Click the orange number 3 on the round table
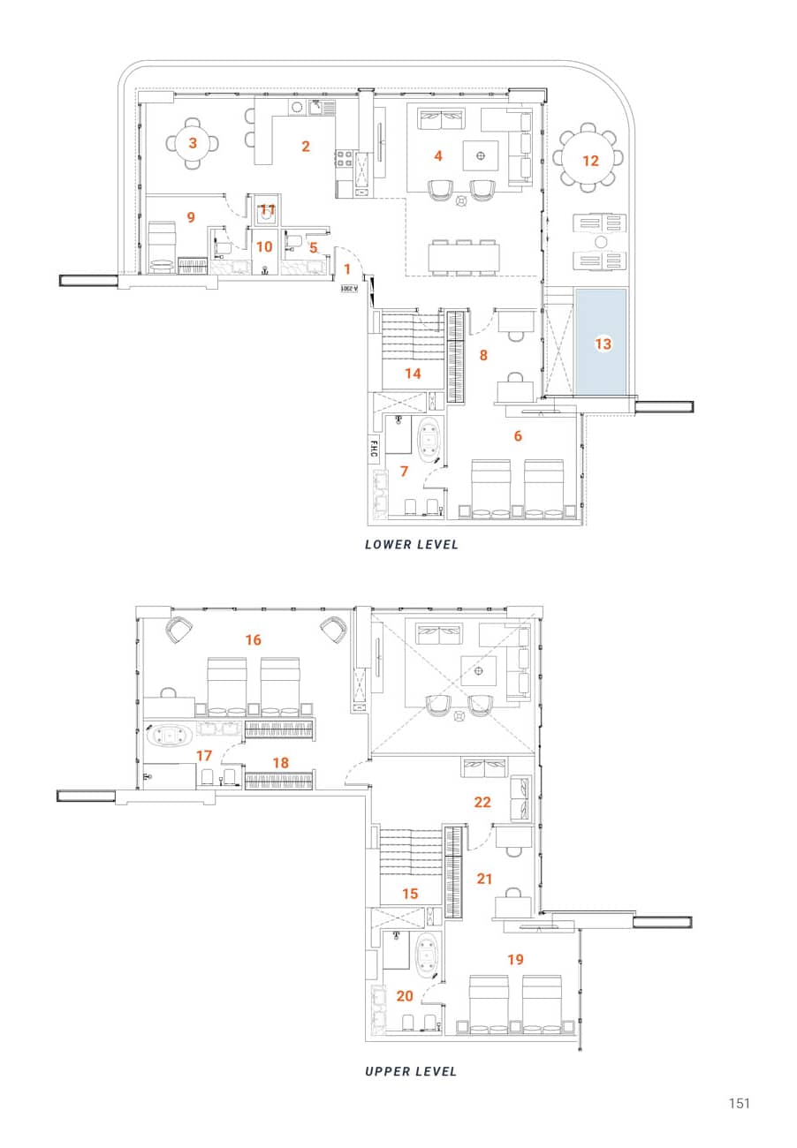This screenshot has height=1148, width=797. pos(193,142)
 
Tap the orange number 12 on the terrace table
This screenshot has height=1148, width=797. pos(590,160)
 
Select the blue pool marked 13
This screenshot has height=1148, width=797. pos(602,343)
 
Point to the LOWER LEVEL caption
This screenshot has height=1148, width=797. pos(412,545)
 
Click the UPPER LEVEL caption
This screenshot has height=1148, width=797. pos(411,1071)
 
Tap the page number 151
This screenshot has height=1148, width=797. pos(739,1103)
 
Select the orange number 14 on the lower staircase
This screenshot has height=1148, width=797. pos(413,374)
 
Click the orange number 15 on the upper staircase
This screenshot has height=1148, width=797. pos(410,894)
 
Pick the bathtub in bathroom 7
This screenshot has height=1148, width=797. pos(430,441)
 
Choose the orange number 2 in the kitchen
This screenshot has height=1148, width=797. pos(306,147)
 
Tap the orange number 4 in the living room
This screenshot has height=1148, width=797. pos(437,156)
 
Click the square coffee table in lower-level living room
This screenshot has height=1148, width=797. pos(481,156)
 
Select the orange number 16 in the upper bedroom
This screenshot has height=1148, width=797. pos(254,639)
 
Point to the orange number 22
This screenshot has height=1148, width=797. pos(482,803)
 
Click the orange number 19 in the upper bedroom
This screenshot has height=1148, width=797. pos(516,958)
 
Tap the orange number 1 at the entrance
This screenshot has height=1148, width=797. pos(347,268)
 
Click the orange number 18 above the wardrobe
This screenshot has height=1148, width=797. pos(280,762)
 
